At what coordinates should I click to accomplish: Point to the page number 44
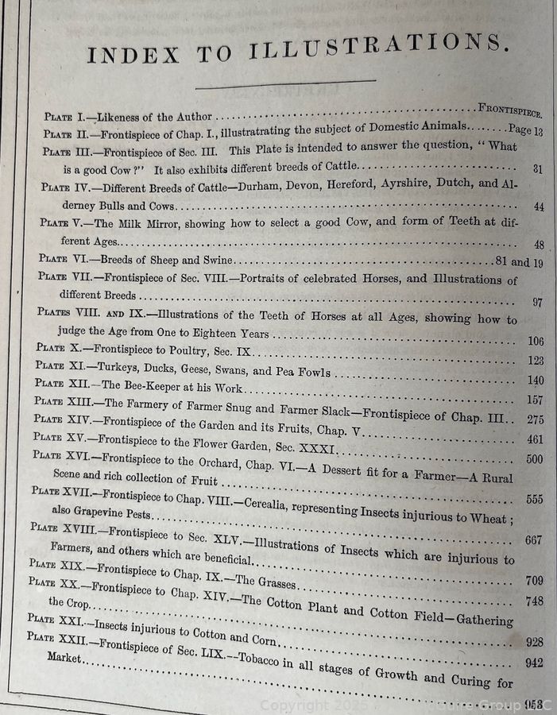point(537,207)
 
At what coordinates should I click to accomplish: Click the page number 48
point(537,245)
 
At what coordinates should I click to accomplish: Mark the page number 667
point(534,539)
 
